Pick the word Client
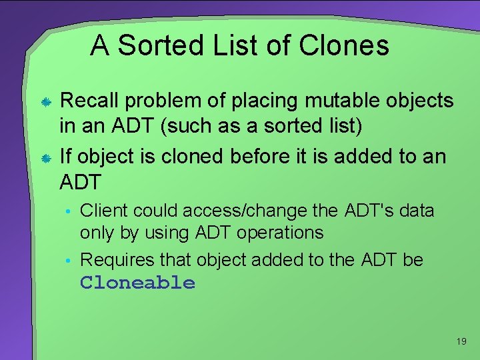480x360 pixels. [104, 211]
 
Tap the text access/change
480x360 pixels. [244, 211]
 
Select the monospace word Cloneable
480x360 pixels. [137, 283]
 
